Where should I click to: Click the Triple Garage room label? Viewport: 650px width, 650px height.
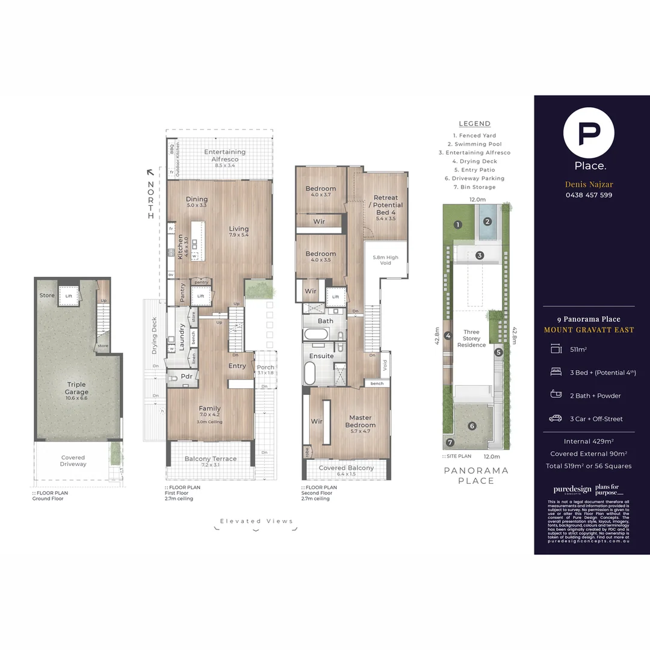(76, 388)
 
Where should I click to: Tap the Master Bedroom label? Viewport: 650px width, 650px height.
(361, 421)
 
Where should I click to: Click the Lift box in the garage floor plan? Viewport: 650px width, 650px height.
(69, 296)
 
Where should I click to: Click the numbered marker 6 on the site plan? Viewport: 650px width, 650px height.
(472, 426)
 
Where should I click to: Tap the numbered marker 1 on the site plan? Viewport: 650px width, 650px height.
(458, 225)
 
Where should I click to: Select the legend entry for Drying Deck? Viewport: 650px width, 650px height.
(474, 161)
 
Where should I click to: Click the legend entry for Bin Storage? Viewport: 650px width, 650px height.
(474, 187)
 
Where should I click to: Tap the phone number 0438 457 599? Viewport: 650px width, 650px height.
(589, 195)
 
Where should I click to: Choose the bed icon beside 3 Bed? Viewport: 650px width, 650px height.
(556, 373)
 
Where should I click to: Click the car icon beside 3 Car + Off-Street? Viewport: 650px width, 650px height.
(556, 418)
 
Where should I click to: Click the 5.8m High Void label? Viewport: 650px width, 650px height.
(385, 260)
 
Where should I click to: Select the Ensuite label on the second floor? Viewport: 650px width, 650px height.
(322, 356)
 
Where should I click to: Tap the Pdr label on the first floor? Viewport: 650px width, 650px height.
(186, 378)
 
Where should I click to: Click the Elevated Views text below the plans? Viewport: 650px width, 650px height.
(256, 521)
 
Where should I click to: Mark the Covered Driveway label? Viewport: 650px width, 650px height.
(73, 461)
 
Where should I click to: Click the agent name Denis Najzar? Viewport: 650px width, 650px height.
(589, 184)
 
